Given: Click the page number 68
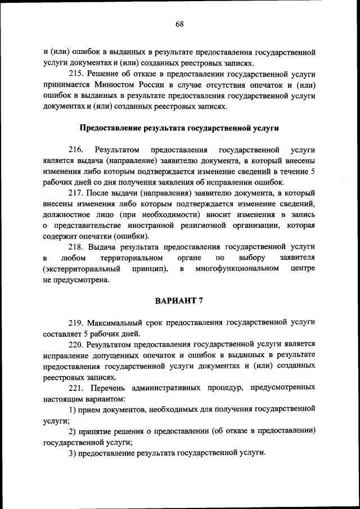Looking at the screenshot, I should [x=179, y=24].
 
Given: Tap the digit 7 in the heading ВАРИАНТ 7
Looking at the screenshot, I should [x=200, y=300].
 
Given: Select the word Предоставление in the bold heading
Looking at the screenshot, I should [x=107, y=128].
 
